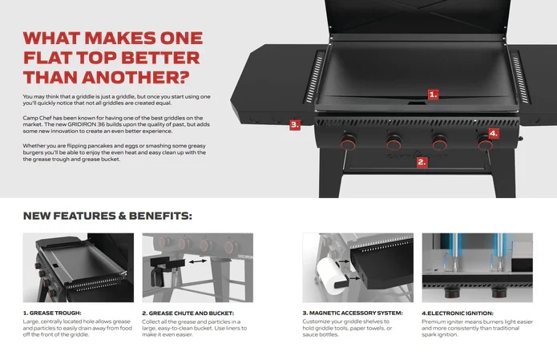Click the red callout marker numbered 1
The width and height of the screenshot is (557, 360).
pyautogui.click(x=433, y=94)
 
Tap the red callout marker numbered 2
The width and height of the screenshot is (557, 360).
pyautogui.click(x=422, y=161)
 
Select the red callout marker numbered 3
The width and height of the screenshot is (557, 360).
pyautogui.click(x=295, y=124)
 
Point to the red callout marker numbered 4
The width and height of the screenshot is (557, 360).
pyautogui.click(x=493, y=133)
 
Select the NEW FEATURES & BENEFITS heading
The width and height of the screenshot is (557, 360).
pyautogui.click(x=107, y=216)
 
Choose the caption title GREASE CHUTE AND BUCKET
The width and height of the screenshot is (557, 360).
pyautogui.click(x=188, y=313)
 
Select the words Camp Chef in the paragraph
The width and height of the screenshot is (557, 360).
pyautogui.click(x=36, y=117)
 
